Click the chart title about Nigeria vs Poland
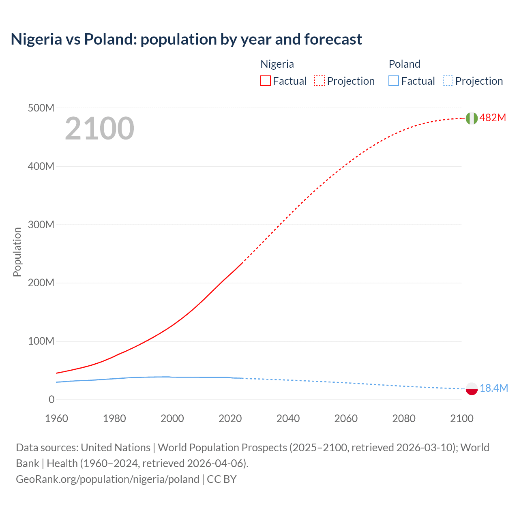(186, 39)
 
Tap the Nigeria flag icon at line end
(471, 118)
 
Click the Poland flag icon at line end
(471, 388)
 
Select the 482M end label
(493, 118)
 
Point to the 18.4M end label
(493, 388)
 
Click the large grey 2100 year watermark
(99, 129)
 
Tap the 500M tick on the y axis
(41, 108)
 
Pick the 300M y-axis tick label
(41, 225)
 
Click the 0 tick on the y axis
(51, 399)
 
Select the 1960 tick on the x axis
(56, 418)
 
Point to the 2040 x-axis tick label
(288, 418)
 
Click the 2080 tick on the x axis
(404, 418)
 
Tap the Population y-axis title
(17, 252)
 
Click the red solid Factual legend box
(266, 81)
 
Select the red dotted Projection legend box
(320, 81)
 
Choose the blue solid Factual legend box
(394, 81)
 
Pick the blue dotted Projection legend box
(448, 81)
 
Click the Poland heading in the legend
(404, 64)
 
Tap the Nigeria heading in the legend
(277, 64)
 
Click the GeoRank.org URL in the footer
(107, 479)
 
